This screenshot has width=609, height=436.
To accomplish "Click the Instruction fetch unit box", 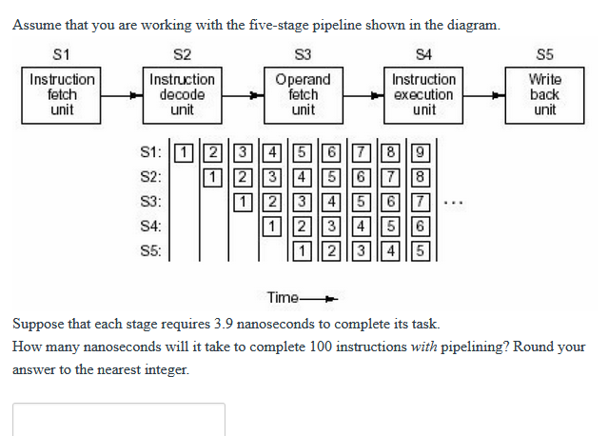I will pos(63,94).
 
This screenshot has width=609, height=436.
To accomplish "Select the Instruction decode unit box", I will pos(183,94).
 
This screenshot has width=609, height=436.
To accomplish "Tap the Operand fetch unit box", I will pos(303,94).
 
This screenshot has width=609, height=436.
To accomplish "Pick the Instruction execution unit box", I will pos(423,94).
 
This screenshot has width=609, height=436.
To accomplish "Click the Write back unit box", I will pos(544,94).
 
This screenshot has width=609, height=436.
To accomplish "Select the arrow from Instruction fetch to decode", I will pos(123,95).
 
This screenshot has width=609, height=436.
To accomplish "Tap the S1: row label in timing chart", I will pos(150,152).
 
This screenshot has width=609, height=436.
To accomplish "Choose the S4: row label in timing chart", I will pos(150,227).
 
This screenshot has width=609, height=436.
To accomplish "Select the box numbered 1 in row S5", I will pos(301,251).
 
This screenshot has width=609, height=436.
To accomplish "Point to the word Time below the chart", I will pos(284,297).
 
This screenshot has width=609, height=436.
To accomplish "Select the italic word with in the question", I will pos(423,346).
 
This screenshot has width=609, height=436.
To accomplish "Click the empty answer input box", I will pos(119,420).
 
